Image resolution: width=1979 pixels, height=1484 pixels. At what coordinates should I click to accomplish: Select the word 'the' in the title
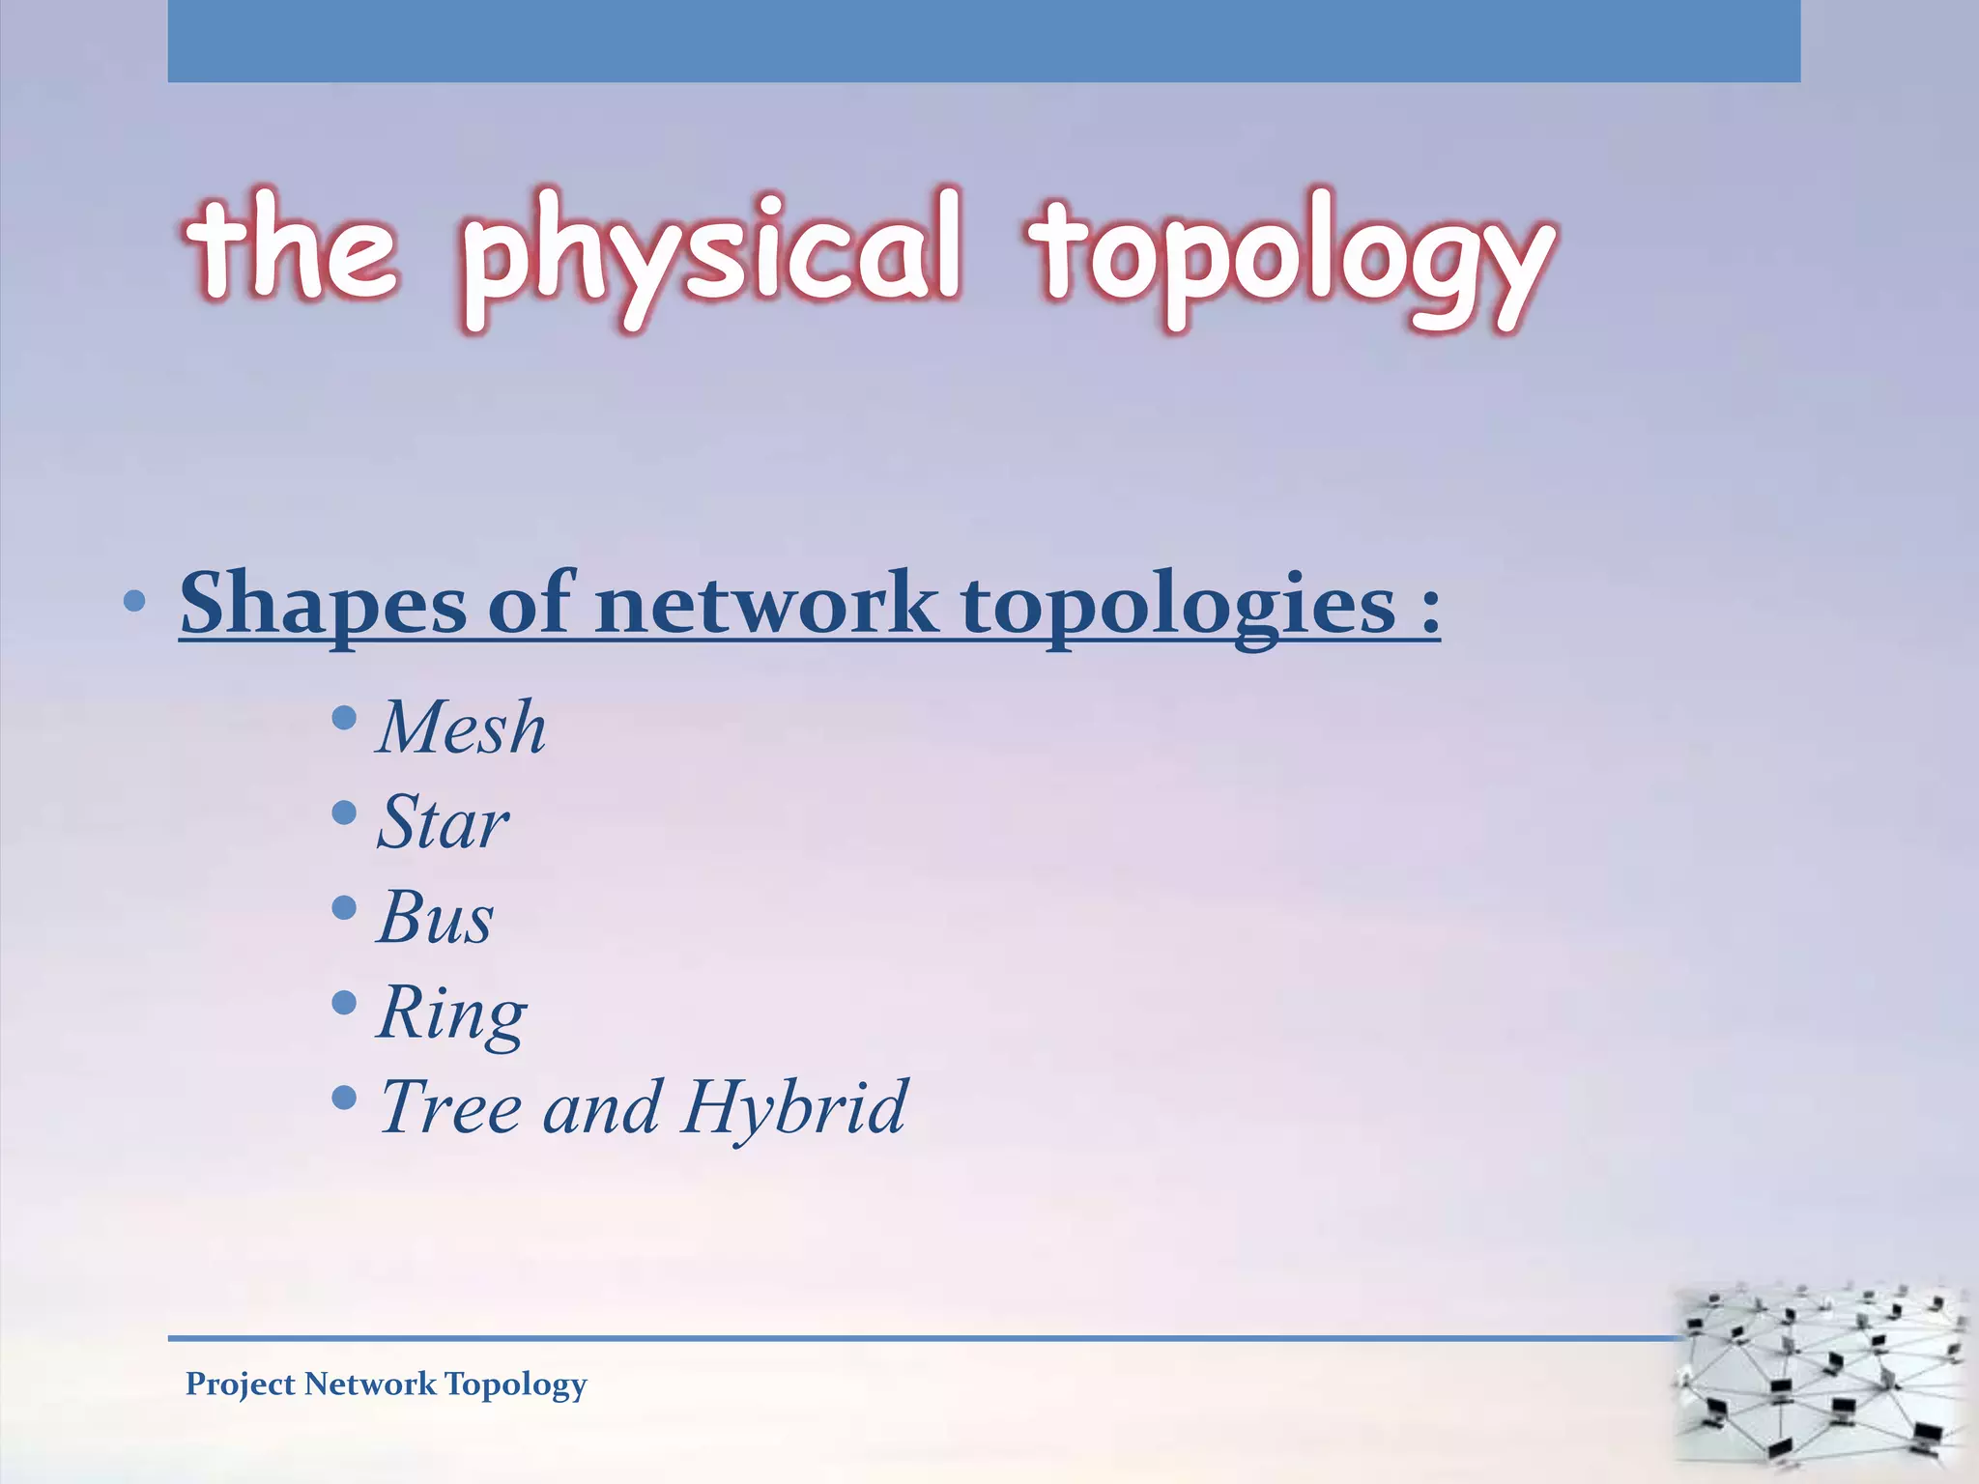click(x=291, y=246)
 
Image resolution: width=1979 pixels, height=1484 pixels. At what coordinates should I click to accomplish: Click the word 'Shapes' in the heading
click(x=323, y=604)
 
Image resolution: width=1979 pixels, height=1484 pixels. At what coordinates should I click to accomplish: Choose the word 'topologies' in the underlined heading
click(x=1179, y=606)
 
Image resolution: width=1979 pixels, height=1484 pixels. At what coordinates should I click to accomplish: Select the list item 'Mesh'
click(x=462, y=727)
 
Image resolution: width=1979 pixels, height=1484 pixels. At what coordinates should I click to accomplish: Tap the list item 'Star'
click(x=443, y=822)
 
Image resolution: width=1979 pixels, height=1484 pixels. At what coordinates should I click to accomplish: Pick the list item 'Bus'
click(x=435, y=917)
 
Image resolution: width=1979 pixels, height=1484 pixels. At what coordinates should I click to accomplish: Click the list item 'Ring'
click(x=452, y=1013)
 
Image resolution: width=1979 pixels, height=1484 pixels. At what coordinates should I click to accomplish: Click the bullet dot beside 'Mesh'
click(x=344, y=718)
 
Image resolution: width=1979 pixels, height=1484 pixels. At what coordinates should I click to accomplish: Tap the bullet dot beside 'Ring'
click(x=344, y=1003)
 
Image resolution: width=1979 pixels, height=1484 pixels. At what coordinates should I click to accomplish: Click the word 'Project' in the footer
click(x=241, y=1384)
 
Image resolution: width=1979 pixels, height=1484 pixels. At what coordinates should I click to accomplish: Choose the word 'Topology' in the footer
click(x=516, y=1384)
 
